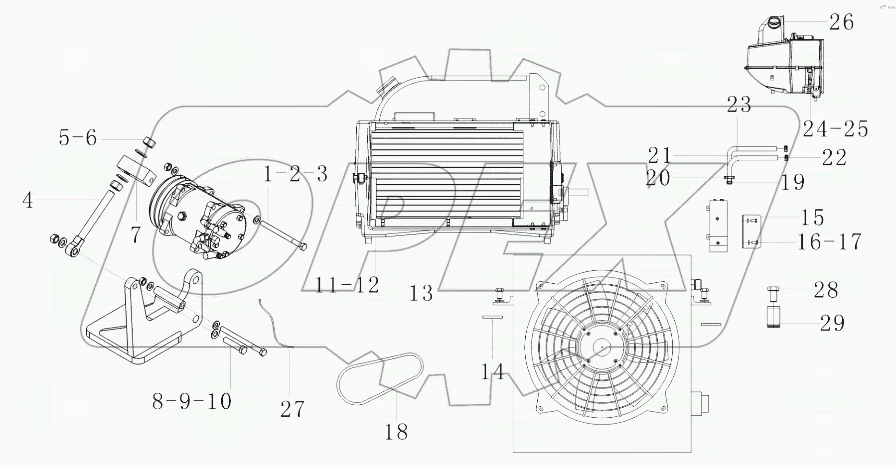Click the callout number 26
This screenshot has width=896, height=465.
[x=841, y=22]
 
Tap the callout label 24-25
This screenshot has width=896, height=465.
[x=835, y=129]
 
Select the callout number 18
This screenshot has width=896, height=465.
[x=396, y=432]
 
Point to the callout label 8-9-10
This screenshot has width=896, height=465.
[x=192, y=401]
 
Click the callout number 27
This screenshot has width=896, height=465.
[x=292, y=409]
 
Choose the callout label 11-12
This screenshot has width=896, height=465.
[x=347, y=285]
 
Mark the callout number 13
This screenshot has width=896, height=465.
[x=421, y=293]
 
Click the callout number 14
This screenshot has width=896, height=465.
[x=492, y=371]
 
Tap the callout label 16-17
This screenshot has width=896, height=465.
[x=829, y=242]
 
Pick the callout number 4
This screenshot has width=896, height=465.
[x=27, y=200]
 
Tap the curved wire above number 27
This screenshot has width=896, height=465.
[x=274, y=324]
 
